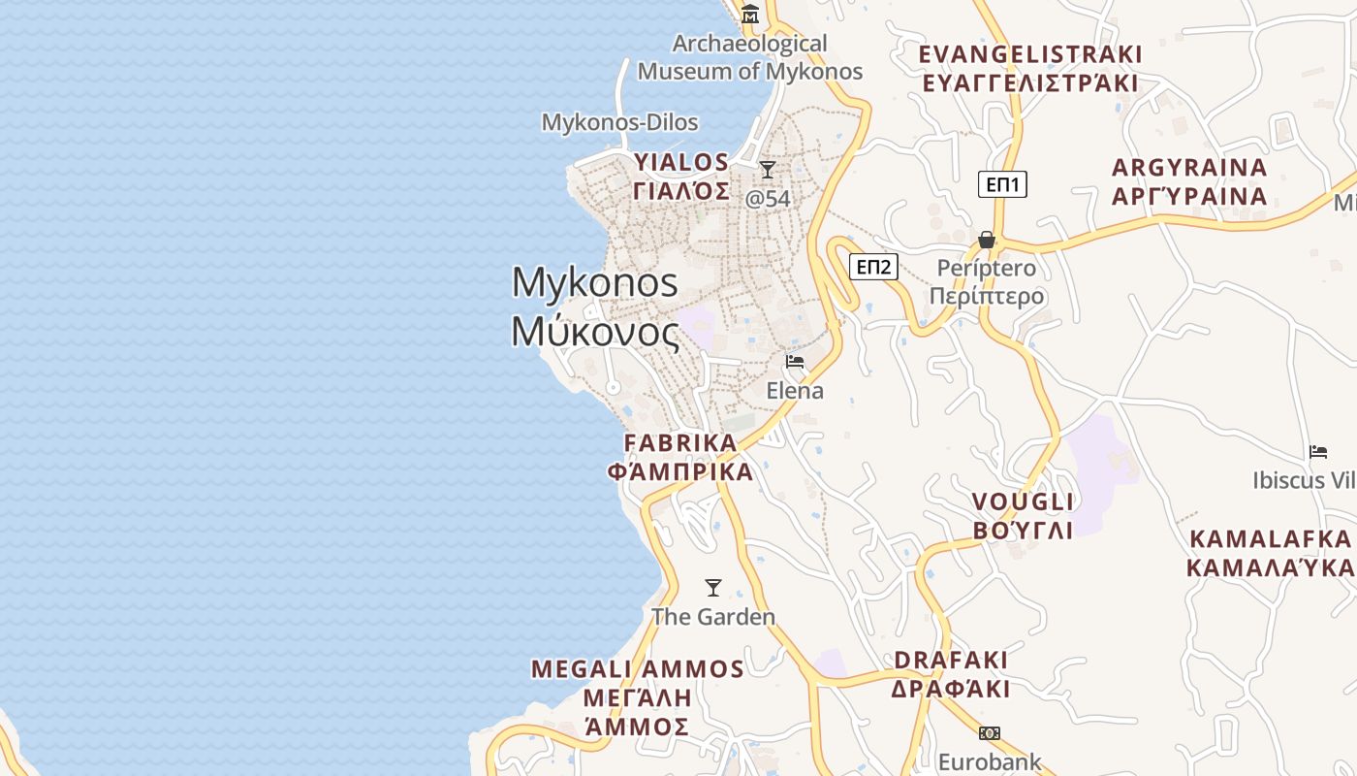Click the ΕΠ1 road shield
[x=1002, y=184]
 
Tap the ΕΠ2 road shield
[x=873, y=267]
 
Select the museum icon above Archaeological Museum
[x=750, y=15]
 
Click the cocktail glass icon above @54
[x=768, y=170]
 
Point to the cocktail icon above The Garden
[x=713, y=587]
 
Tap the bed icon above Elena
[x=795, y=362]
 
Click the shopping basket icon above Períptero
[x=987, y=239]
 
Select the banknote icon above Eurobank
[x=990, y=733]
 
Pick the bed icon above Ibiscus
[x=1318, y=451]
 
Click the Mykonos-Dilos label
[x=619, y=123]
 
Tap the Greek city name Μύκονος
[x=595, y=333]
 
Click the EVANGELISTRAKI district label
[x=1030, y=54]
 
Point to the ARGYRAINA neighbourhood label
[x=1189, y=168]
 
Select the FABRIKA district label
[x=680, y=443]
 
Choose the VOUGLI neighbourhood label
[x=1024, y=502]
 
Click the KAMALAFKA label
[x=1271, y=539]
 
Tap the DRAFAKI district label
[x=951, y=661]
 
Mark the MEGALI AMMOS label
[x=638, y=669]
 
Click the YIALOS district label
[x=681, y=162]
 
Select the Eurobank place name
[x=990, y=762]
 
